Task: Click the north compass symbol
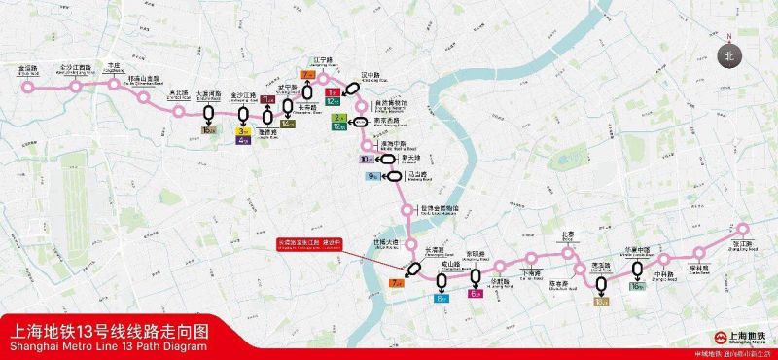click(x=729, y=56)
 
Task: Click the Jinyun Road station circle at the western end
click(x=28, y=87)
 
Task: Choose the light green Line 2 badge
click(x=339, y=118)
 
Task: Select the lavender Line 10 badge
click(x=366, y=159)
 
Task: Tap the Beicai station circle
click(x=568, y=252)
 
